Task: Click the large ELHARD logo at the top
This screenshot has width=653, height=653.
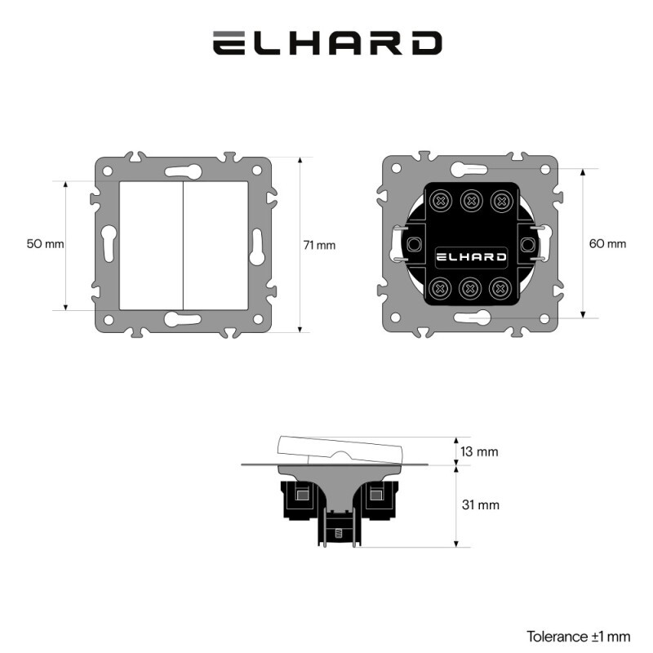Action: click(327, 43)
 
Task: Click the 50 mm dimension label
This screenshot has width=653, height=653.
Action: click(46, 243)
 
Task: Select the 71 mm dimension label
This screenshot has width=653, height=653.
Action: click(319, 246)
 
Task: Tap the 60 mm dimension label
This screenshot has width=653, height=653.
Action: click(607, 243)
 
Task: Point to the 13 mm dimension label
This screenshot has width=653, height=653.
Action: click(479, 451)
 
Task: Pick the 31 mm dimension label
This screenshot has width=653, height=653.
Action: click(481, 504)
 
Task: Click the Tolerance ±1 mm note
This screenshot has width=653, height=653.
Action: click(579, 637)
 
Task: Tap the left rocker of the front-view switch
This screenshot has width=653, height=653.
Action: click(151, 246)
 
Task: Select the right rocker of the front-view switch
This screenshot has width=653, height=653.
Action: click(215, 246)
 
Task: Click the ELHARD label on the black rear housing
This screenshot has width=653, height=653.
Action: click(471, 257)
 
